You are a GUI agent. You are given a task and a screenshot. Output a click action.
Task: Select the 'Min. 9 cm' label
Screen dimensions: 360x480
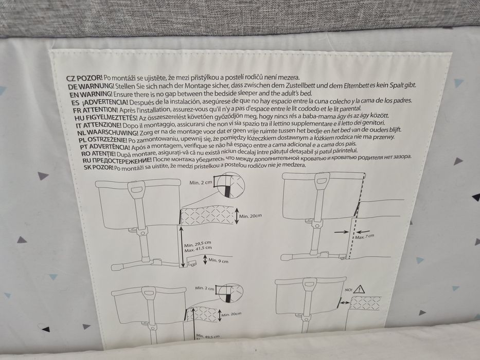218,261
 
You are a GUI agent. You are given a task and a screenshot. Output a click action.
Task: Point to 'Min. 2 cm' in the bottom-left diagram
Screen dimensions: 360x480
205,289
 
